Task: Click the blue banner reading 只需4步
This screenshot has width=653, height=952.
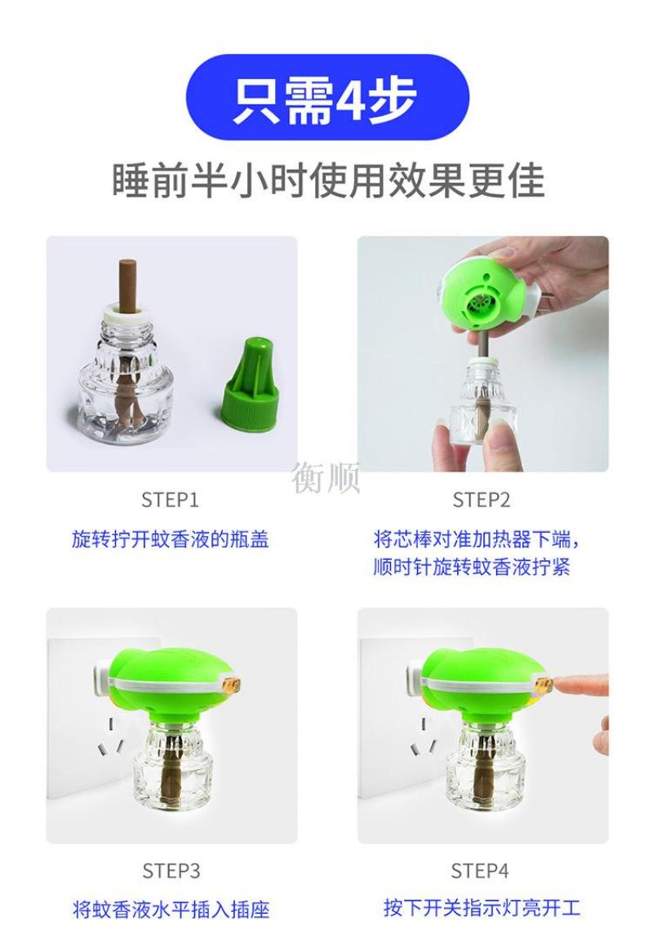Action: tap(327, 97)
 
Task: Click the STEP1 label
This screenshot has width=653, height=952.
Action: tap(170, 500)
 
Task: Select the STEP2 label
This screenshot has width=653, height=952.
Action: tap(481, 500)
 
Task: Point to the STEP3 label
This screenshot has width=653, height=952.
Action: tap(171, 870)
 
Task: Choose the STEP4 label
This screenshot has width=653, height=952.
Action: tap(480, 870)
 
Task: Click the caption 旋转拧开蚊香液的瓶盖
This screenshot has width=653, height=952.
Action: tap(170, 539)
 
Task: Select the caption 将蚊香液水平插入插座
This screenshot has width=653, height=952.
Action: tap(171, 910)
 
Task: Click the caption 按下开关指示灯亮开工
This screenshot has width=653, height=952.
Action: tap(482, 908)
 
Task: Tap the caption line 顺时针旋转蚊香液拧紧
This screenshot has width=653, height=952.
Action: tap(472, 567)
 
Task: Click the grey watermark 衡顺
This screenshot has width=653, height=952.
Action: tap(326, 477)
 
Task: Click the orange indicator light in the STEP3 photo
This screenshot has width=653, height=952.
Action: tap(233, 686)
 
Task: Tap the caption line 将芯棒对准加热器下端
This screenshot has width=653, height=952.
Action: tap(472, 540)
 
